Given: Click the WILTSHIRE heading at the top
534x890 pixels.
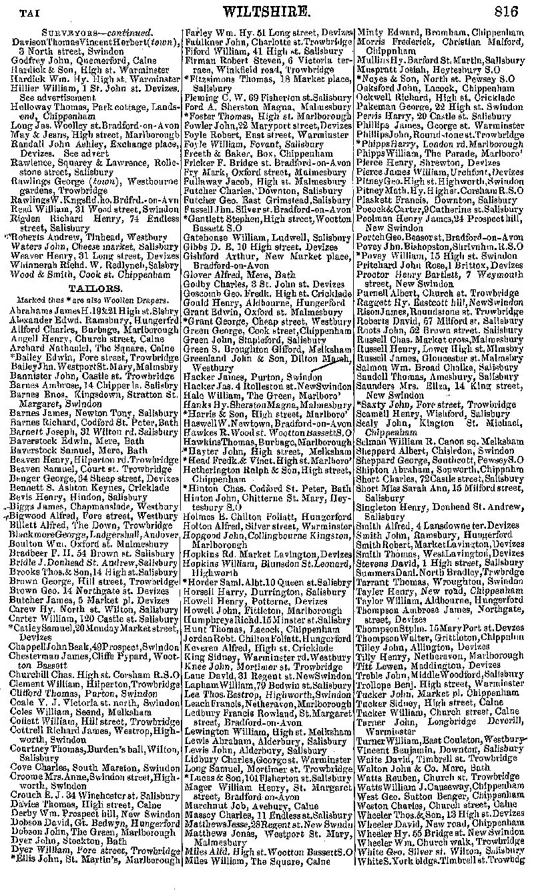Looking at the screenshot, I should point(267,11).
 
